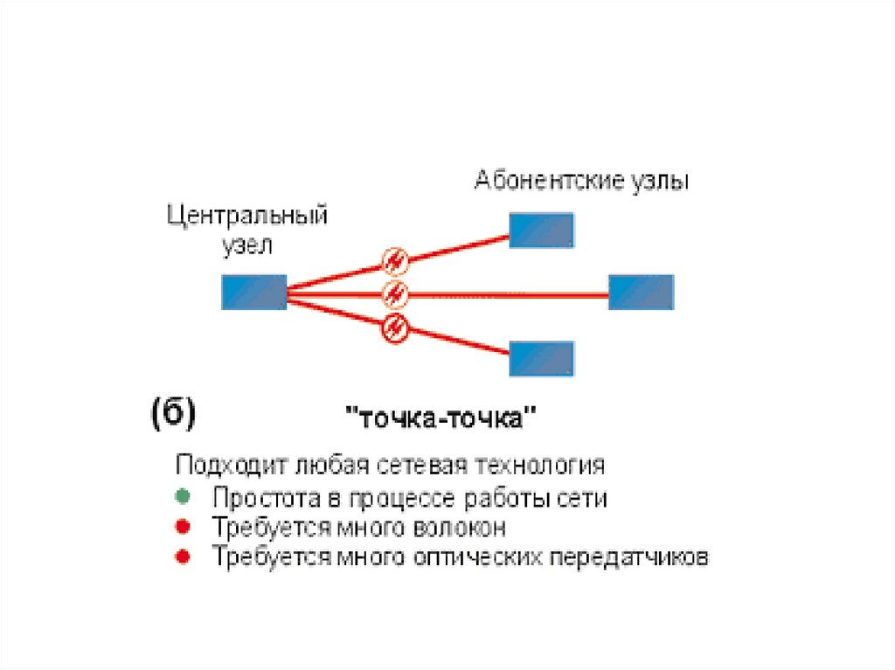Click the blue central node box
point(253,292)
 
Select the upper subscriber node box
point(542,230)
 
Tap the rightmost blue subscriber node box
point(641,292)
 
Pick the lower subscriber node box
point(542,358)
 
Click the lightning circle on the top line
point(396,259)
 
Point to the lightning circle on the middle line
point(396,293)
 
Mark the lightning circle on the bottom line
point(396,328)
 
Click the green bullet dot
point(181,497)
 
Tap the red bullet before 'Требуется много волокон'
point(181,527)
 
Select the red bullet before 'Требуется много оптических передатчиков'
point(181,556)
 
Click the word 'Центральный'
point(247,216)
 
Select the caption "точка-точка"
point(441,418)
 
